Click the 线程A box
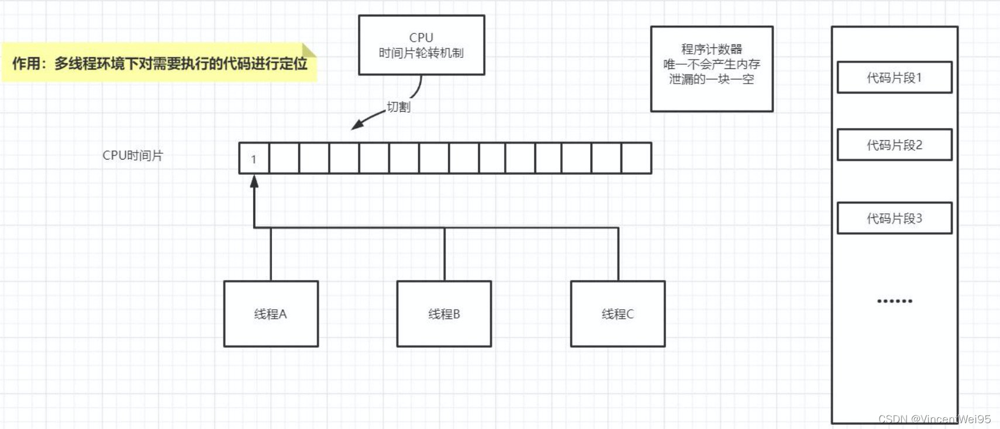coord(271,314)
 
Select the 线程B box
coord(444,314)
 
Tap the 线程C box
coord(618,314)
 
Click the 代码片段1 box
coord(894,78)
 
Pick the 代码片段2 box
coord(894,145)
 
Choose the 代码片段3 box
coord(894,218)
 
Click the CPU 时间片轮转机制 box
coord(421,45)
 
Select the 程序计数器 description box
coord(712,68)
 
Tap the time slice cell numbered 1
coord(254,158)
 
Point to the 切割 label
coord(399,107)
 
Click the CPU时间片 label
coord(133,155)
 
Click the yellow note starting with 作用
coord(159,63)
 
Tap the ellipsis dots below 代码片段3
coord(894,301)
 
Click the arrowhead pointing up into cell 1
coord(254,181)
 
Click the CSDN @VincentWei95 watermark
coord(934,419)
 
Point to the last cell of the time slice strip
coord(636,158)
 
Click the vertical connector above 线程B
coord(444,254)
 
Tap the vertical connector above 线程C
coord(618,254)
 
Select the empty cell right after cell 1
coord(284,158)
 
